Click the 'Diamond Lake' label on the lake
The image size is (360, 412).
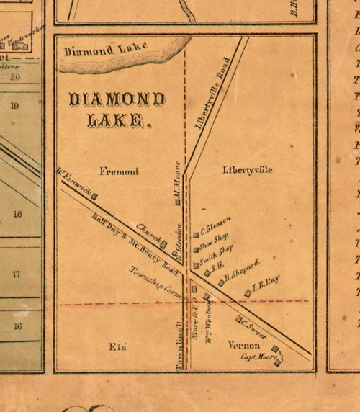[105, 51]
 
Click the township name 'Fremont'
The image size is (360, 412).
[119, 171]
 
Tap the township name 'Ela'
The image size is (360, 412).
[117, 348]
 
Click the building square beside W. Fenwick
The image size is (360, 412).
[94, 195]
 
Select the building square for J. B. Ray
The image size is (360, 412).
[248, 292]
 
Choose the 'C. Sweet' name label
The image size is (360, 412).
[254, 328]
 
